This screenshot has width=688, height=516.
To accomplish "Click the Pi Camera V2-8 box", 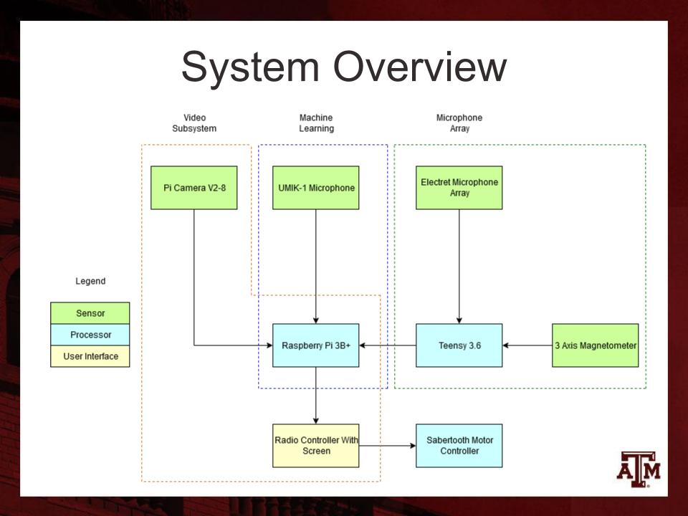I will click(193, 188).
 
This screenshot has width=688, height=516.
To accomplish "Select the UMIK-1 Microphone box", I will click(315, 188).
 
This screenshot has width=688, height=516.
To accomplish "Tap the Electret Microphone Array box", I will click(459, 188).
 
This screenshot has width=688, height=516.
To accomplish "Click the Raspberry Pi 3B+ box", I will click(315, 345).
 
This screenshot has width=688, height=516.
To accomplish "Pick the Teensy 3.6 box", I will click(459, 345).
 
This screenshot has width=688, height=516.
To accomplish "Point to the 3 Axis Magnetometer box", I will click(595, 345).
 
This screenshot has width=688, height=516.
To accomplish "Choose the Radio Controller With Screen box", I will click(315, 445).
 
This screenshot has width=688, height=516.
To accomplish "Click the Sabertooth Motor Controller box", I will click(459, 445).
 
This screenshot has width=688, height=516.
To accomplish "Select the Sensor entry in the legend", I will click(90, 313).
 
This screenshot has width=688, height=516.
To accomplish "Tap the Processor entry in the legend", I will click(90, 335).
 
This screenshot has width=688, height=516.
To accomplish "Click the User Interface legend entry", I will click(90, 356).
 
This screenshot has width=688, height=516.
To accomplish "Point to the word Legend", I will click(90, 282).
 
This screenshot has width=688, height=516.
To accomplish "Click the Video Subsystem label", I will click(193, 123).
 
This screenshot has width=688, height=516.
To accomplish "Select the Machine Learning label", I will click(316, 123).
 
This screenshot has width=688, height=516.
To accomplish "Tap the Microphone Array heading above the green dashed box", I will click(459, 123).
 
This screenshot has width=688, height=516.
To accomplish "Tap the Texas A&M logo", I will click(639, 469).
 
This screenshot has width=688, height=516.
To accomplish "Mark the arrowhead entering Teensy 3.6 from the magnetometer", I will click(507, 345).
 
